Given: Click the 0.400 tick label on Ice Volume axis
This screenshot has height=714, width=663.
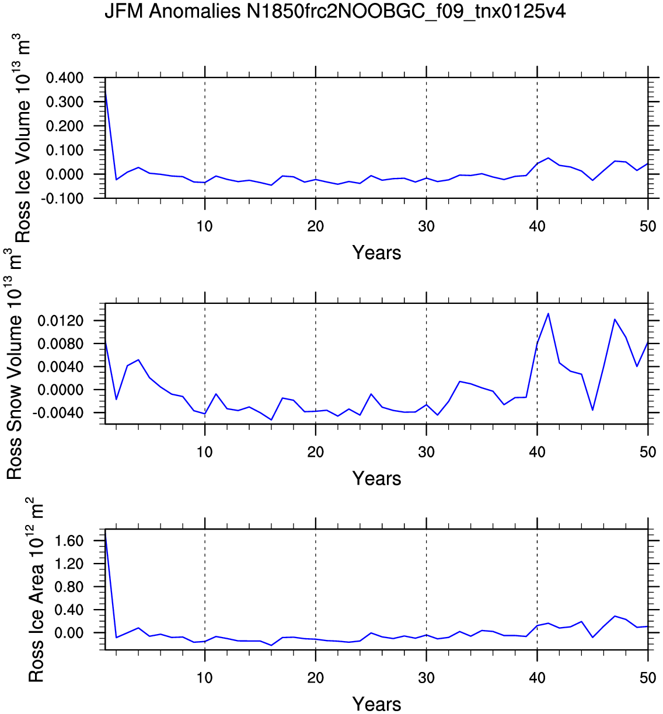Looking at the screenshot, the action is (65, 78).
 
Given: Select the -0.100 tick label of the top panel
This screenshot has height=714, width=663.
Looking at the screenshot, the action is (62, 198).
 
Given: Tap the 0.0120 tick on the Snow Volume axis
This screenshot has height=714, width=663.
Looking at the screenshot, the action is (61, 321).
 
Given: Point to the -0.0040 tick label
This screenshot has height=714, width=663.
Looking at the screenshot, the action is (58, 413).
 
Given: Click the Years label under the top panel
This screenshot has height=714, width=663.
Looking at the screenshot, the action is (376, 253).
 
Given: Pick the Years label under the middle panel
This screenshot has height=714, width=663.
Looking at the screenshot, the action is (376, 478).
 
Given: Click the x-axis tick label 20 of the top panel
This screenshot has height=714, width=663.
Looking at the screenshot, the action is (316, 226).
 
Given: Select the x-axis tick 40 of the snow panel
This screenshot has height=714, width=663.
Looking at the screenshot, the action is (537, 452).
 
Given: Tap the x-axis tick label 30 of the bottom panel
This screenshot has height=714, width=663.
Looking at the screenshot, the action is (426, 678).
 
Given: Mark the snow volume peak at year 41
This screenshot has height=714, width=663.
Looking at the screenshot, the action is (548, 313).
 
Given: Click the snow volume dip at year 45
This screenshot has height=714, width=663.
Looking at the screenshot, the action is (592, 410).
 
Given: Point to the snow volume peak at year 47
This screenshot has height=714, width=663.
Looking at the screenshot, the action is (615, 319).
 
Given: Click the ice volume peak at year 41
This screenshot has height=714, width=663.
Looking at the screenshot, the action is (548, 158).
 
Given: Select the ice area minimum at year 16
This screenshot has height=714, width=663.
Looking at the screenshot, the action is (271, 645).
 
